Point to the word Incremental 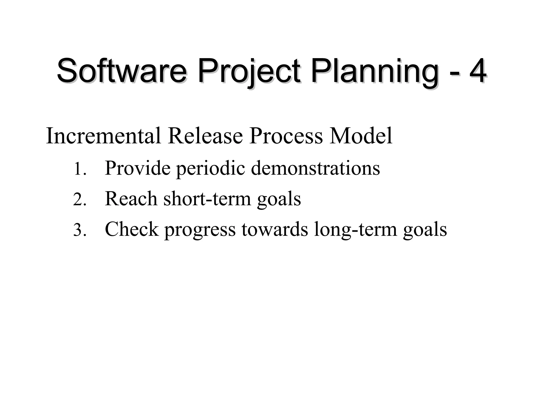tap(103, 136)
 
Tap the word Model tap(361, 136)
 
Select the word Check tap(132, 229)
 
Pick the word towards tap(275, 229)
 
